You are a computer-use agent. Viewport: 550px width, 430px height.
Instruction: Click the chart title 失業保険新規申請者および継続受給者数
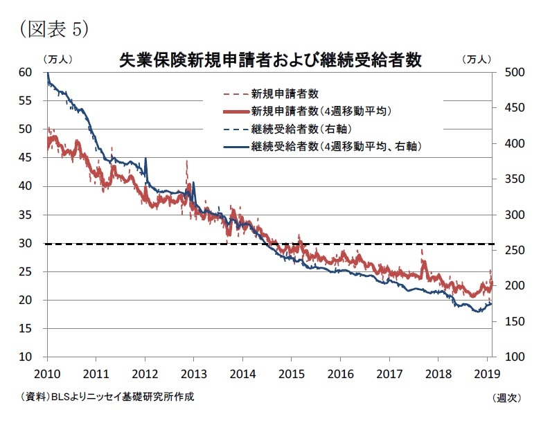269,60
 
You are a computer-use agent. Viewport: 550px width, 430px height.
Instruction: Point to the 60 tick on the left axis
26,72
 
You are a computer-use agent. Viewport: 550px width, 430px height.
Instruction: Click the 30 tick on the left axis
26,243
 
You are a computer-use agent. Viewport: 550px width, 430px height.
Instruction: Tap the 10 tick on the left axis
26,357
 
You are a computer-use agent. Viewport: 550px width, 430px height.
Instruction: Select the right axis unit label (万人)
477,60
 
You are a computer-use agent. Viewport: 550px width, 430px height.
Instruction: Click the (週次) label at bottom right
506,397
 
